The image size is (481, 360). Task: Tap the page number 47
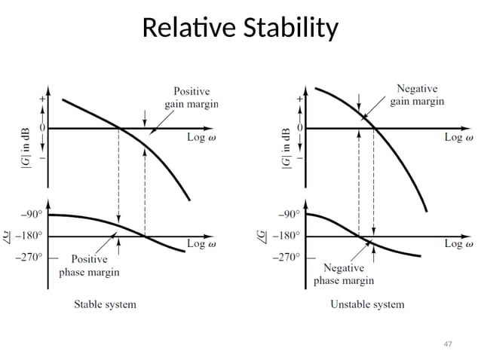pos(448,343)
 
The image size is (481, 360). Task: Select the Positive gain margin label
pos(192,97)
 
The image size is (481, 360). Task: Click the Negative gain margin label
pos(416,94)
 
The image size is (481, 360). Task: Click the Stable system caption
pos(105,304)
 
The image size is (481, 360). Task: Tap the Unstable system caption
pos(367,304)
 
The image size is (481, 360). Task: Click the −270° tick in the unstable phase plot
pos(285,257)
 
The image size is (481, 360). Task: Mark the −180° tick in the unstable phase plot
pos(285,235)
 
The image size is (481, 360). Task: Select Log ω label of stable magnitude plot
pos(204,137)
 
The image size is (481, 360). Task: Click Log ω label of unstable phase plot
pos(458,244)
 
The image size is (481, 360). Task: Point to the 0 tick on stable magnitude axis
pos(42,128)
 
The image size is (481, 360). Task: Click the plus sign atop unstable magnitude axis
pos(302,99)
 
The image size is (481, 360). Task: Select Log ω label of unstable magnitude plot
pos(458,137)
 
